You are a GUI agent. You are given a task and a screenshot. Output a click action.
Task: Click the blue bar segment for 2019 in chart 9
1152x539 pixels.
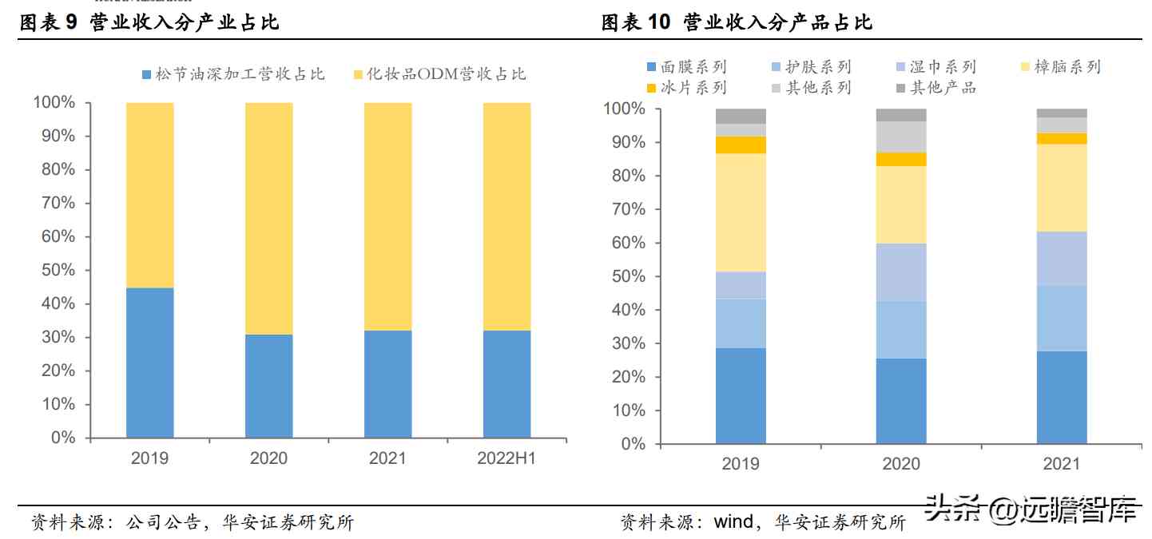pyautogui.click(x=149, y=363)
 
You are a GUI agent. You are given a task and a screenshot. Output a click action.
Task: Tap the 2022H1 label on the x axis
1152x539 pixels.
pyautogui.click(x=506, y=458)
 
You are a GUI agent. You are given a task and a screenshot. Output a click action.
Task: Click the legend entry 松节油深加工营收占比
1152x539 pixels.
pyautogui.click(x=233, y=74)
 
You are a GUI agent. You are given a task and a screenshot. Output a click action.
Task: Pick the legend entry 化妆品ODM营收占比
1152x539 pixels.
pyautogui.click(x=439, y=74)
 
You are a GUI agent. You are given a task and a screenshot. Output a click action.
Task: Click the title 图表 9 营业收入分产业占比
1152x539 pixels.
pyautogui.click(x=149, y=22)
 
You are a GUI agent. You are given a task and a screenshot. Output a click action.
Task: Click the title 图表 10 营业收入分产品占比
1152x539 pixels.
pyautogui.click(x=737, y=22)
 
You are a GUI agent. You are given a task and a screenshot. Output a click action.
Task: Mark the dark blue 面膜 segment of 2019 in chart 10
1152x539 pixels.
pyautogui.click(x=741, y=395)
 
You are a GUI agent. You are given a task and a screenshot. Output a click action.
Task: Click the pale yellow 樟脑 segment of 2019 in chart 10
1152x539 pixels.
pyautogui.click(x=741, y=212)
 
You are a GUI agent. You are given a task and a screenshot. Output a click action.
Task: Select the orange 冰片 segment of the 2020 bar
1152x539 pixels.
pyautogui.click(x=901, y=159)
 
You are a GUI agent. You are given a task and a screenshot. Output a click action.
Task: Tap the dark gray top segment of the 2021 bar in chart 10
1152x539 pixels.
pyautogui.click(x=1062, y=113)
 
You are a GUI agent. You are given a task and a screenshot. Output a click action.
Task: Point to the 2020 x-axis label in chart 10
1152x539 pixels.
pyautogui.click(x=901, y=464)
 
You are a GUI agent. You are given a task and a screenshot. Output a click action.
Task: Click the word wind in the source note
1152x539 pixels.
pyautogui.click(x=733, y=522)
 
